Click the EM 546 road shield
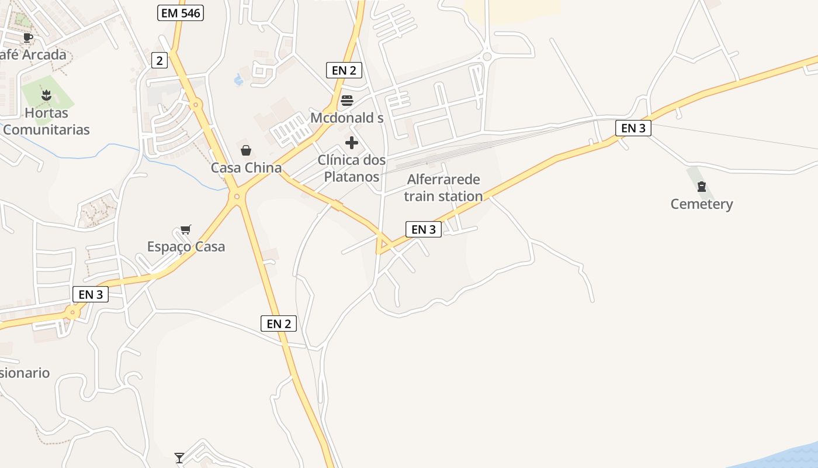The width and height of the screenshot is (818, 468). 181,13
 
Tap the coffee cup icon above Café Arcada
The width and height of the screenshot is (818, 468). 27,38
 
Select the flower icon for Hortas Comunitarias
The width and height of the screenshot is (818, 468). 46,95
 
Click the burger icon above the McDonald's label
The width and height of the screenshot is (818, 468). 347,100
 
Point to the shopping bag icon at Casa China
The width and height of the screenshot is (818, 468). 246,150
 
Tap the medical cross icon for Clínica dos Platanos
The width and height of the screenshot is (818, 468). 352,143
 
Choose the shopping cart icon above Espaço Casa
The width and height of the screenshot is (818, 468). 186,229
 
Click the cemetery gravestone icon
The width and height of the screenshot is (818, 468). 701,187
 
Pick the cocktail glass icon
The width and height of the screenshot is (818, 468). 179,457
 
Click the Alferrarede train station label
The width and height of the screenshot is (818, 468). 443,188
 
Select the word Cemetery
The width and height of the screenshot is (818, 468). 701,204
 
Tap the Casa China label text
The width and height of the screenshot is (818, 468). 246,168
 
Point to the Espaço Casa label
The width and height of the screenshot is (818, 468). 186,247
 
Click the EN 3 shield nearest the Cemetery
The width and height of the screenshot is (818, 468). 633,128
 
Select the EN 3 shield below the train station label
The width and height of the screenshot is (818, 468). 424,229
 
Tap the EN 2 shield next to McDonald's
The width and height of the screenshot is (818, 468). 344,70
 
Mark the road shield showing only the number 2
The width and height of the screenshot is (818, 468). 159,60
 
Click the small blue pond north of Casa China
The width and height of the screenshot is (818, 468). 238,79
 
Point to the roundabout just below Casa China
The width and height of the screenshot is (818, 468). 237,197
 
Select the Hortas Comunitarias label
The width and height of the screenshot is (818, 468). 46,121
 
